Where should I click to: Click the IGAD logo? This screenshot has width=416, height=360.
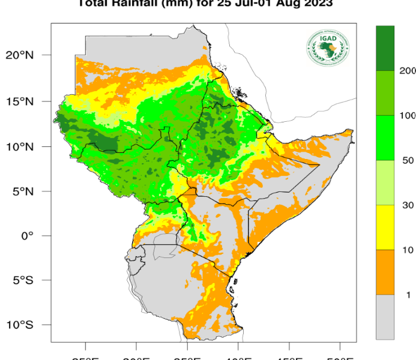[x=329, y=47]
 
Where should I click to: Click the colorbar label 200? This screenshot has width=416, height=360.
[x=408, y=71]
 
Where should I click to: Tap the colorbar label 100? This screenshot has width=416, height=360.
[x=408, y=115]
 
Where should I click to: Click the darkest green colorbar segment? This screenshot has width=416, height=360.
[x=385, y=48]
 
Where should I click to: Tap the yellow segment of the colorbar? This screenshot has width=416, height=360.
[x=385, y=227]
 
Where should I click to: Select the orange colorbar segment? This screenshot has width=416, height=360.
[x=385, y=272]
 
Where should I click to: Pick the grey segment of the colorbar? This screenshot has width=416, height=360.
[x=385, y=317]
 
